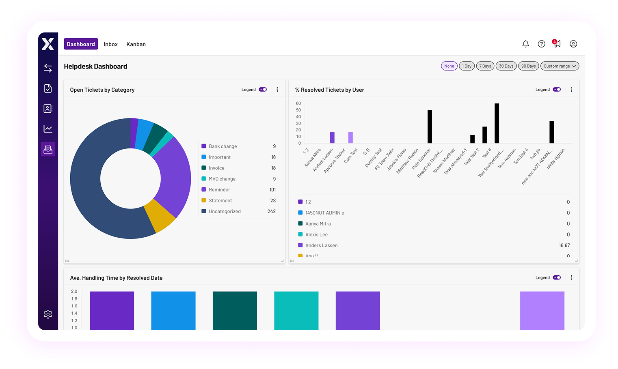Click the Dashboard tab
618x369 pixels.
pos(81,44)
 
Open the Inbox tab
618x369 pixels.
pos(110,44)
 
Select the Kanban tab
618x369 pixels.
pos(136,44)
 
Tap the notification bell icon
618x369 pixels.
pos(525,44)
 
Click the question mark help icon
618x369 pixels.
pos(541,44)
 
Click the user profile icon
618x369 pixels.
pos(573,44)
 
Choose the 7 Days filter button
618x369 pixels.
pos(485,66)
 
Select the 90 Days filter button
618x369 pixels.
pos(528,66)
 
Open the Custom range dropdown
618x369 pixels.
pos(560,66)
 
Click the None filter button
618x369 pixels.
pos(449,66)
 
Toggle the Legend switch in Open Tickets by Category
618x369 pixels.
pos(263,90)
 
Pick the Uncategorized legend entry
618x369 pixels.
pos(225,211)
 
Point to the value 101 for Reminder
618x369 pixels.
pos(272,190)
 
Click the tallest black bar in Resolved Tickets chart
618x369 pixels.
pos(497,123)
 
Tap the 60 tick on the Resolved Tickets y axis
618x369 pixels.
pos(298,103)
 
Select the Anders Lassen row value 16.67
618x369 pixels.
pos(564,245)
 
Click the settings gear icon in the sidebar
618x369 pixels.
pos(48,314)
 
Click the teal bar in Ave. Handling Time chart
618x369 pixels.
pos(296,311)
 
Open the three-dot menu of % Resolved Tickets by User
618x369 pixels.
pos(571,90)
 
